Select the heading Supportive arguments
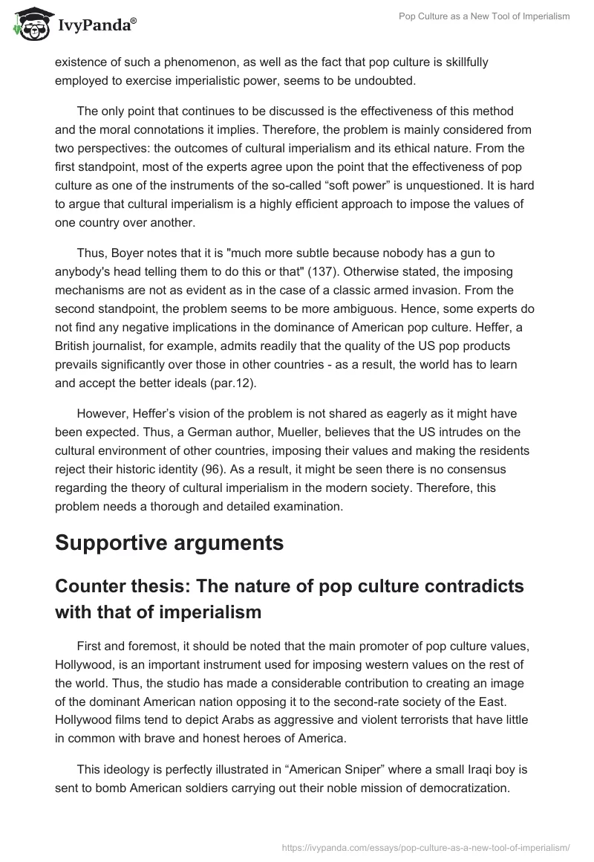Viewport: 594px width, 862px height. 169,542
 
